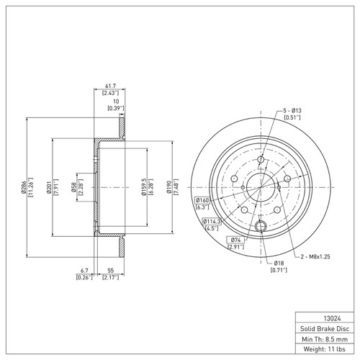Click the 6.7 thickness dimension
coord(86,271)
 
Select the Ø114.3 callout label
coord(211,220)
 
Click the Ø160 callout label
coord(202,200)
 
